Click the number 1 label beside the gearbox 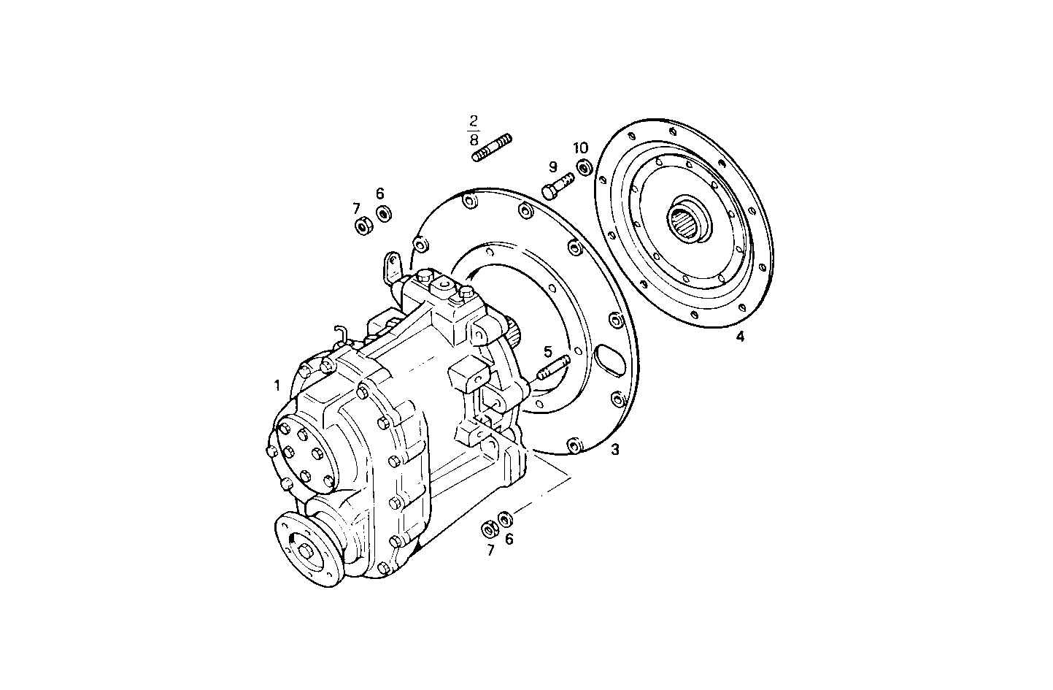pyautogui.click(x=277, y=385)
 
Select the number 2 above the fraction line pyautogui.click(x=474, y=120)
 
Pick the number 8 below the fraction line pyautogui.click(x=474, y=139)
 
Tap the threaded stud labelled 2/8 pyautogui.click(x=493, y=147)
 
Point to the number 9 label pyautogui.click(x=552, y=167)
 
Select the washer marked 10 pyautogui.click(x=584, y=167)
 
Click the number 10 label pyautogui.click(x=580, y=148)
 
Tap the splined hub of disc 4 pyautogui.click(x=687, y=220)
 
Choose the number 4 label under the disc pyautogui.click(x=740, y=337)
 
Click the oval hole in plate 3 pyautogui.click(x=607, y=360)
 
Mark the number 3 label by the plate pyautogui.click(x=614, y=450)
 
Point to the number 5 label pyautogui.click(x=548, y=352)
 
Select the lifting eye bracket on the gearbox pyautogui.click(x=392, y=268)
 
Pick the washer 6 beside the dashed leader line pyautogui.click(x=505, y=519)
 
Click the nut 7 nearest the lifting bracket pyautogui.click(x=363, y=227)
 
